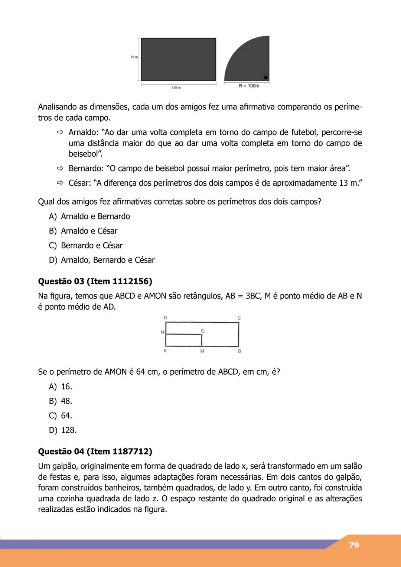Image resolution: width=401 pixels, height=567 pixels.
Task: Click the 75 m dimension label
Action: point(134,57)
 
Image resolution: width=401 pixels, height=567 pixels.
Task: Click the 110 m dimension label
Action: point(176,88)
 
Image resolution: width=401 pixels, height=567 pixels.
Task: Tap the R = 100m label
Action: point(249,86)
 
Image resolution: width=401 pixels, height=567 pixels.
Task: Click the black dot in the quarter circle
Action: point(265,77)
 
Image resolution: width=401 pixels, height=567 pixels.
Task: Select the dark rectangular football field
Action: point(178,59)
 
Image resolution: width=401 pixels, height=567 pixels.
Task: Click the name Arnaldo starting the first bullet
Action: point(82,133)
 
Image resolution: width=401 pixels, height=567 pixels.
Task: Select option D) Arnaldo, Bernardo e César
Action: point(102,260)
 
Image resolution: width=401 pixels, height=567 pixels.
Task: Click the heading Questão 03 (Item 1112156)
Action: point(95,281)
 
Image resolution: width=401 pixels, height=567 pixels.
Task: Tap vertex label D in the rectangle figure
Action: point(166,318)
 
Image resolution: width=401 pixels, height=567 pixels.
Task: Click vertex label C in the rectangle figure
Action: point(239,318)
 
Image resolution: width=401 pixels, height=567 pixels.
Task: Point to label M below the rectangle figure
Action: point(202,351)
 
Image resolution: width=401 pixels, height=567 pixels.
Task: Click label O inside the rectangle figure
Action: point(202,331)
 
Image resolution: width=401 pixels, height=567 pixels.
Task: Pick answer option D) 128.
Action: point(63,430)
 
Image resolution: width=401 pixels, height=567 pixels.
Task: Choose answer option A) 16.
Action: point(61,387)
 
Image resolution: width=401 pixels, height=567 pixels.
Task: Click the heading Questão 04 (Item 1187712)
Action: point(95,452)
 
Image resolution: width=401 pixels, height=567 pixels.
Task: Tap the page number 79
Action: point(354,545)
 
